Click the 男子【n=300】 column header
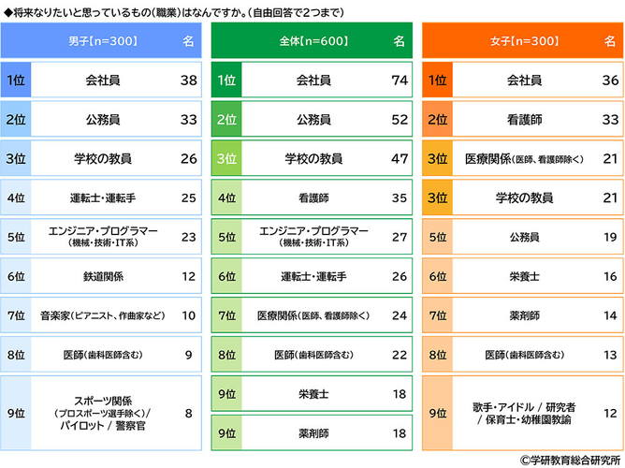point(102,41)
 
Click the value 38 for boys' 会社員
point(188,80)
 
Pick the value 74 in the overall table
point(400,80)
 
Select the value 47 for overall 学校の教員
point(400,159)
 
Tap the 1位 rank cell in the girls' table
point(439,80)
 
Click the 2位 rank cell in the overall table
point(227,120)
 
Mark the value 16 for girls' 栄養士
point(610,276)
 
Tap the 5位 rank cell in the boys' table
point(16,237)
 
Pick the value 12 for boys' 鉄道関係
point(188,276)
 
